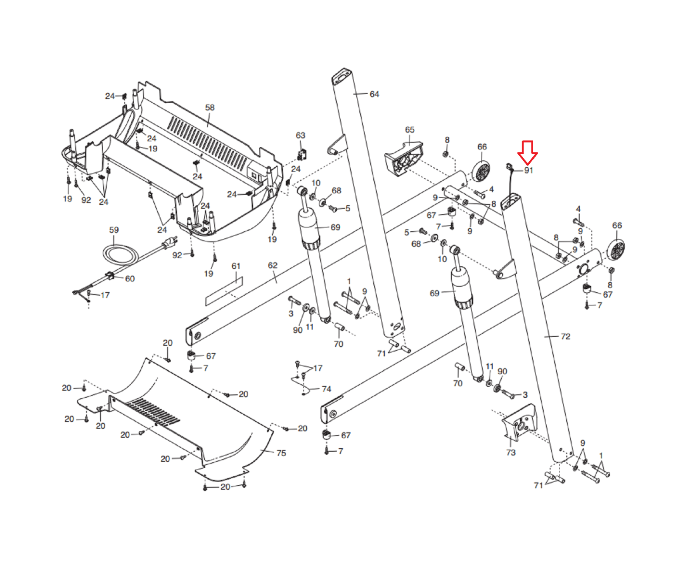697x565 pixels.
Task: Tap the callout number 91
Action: tap(528, 170)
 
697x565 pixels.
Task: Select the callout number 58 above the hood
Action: tap(210, 108)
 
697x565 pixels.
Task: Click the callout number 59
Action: tap(114, 230)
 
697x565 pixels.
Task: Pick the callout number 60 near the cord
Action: tap(130, 279)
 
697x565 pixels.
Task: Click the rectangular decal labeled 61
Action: tap(224, 291)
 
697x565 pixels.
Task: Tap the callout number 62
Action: tap(273, 265)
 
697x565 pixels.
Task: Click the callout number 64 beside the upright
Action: tap(374, 94)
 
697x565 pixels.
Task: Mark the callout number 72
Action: tap(565, 337)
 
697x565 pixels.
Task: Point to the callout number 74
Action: tap(326, 389)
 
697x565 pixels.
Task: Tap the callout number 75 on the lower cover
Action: tap(281, 453)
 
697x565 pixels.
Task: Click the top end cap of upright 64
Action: tap(342, 77)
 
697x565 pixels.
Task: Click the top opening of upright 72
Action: tap(510, 202)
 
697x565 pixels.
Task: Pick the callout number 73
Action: tap(511, 453)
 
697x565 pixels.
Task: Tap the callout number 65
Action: tap(409, 130)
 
